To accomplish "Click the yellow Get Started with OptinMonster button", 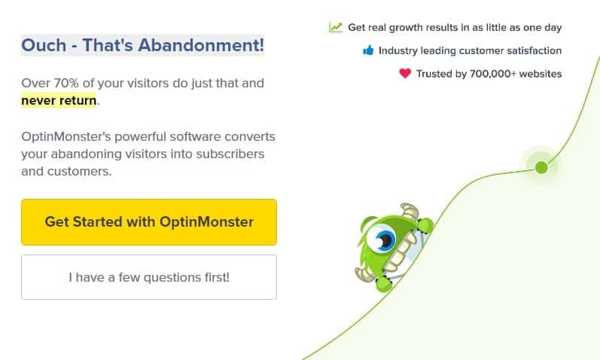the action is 149,222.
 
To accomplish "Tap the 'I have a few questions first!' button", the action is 149,277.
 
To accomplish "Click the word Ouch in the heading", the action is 44,45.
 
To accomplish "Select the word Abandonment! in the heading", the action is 201,45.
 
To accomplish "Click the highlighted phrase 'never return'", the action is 59,100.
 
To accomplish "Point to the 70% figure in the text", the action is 66,83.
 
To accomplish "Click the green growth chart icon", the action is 336,27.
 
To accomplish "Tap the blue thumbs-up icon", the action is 368,50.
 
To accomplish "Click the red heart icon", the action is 405,73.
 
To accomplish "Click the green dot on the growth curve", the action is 541,167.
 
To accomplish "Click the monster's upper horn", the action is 410,211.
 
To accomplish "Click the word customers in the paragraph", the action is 79,171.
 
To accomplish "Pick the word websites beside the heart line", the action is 541,74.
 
